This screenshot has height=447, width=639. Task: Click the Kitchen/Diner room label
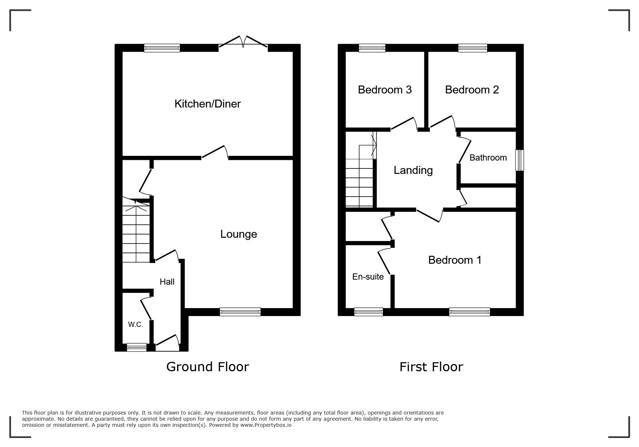pyautogui.click(x=207, y=104)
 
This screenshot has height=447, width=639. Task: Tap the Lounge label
pyautogui.click(x=238, y=234)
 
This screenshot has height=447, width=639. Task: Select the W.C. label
pyautogui.click(x=135, y=324)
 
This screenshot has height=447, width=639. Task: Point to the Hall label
pyautogui.click(x=167, y=282)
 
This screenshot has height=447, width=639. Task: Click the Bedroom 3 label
pyautogui.click(x=385, y=89)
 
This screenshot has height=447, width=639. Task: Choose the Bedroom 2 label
pyautogui.click(x=472, y=89)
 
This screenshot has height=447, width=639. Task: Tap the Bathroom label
pyautogui.click(x=488, y=158)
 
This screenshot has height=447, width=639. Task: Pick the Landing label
pyautogui.click(x=413, y=170)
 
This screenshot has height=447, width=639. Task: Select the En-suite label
pyautogui.click(x=368, y=277)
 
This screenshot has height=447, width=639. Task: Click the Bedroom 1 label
pyautogui.click(x=455, y=260)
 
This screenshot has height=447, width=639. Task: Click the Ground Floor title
pyautogui.click(x=207, y=367)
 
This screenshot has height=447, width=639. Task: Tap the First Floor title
pyautogui.click(x=431, y=367)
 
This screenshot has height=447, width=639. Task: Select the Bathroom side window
pyautogui.click(x=520, y=160)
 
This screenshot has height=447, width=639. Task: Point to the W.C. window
pyautogui.click(x=137, y=347)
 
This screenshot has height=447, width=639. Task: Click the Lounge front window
pyautogui.click(x=240, y=312)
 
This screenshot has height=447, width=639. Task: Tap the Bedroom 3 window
pyautogui.click(x=372, y=48)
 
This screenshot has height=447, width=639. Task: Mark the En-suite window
pyautogui.click(x=368, y=312)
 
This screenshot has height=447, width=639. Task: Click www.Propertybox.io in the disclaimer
pyautogui.click(x=266, y=425)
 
